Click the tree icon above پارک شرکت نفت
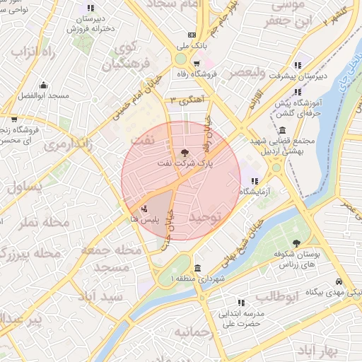pos(185,151)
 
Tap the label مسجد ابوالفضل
pos(44,95)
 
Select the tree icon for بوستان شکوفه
pos(297,243)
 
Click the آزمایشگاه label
pos(255,192)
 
